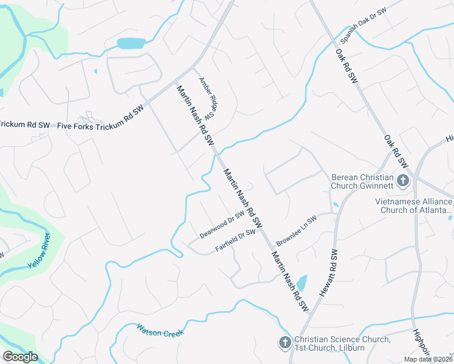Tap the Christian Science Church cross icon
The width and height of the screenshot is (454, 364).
(x=284, y=343)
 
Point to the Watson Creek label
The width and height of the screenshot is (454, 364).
(x=160, y=330)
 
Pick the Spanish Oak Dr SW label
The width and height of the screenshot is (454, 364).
(x=364, y=25)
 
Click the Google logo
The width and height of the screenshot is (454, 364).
(x=20, y=357)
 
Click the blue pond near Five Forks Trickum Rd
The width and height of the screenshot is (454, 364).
(x=131, y=43)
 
